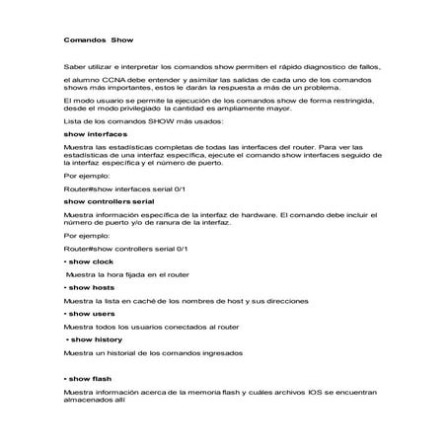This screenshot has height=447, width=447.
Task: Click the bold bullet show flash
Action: click(x=90, y=378)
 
